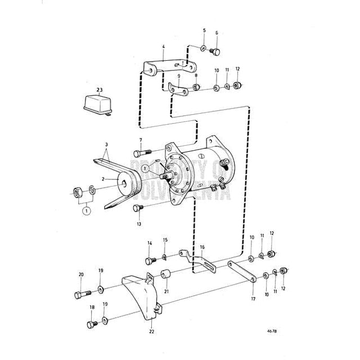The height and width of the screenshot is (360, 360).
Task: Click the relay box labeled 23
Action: click(x=97, y=104)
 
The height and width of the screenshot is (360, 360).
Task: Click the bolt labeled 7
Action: click(x=141, y=152)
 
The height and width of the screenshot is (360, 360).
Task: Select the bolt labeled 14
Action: click(x=151, y=260)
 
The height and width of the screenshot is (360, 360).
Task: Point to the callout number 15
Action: click(x=165, y=240)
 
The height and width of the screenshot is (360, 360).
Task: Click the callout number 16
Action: click(x=202, y=246)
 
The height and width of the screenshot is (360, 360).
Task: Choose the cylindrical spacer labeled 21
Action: click(x=167, y=276)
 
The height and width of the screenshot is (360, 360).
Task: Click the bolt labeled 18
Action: click(x=91, y=325)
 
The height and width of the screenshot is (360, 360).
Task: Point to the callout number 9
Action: click(x=179, y=75)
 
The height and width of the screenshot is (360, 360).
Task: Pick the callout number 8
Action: click(x=196, y=75)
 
